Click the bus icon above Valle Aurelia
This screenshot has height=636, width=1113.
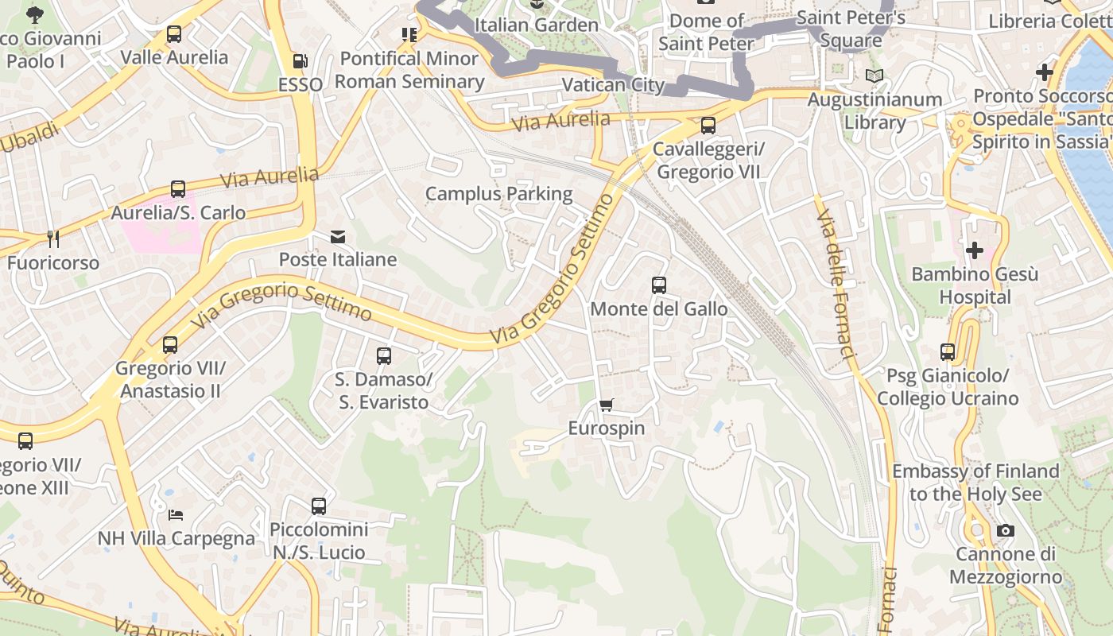click(x=174, y=34)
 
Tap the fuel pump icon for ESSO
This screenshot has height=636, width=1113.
click(x=300, y=61)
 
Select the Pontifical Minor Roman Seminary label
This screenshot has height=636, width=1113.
click(x=409, y=70)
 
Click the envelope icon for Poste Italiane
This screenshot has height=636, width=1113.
click(x=338, y=237)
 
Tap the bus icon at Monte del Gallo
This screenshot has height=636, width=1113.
click(x=658, y=285)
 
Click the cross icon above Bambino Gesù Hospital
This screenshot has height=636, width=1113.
click(x=974, y=251)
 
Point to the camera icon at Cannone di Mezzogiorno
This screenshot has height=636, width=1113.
click(x=1005, y=531)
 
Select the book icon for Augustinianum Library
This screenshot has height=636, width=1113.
click(x=874, y=76)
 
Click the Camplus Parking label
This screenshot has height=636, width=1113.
click(x=498, y=194)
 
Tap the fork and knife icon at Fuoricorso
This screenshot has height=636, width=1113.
click(x=52, y=239)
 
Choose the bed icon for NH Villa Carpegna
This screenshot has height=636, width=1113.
click(x=176, y=515)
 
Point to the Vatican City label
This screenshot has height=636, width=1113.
click(x=612, y=85)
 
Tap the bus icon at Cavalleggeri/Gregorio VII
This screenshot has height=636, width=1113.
click(x=708, y=126)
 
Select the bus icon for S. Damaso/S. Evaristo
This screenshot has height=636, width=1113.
click(x=384, y=356)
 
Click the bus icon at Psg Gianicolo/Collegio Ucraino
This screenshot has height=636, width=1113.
click(x=947, y=352)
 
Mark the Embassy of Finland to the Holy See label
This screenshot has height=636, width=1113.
click(x=975, y=483)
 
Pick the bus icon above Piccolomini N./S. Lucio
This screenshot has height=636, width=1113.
click(x=319, y=506)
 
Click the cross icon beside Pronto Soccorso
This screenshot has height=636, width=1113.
click(x=1044, y=72)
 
